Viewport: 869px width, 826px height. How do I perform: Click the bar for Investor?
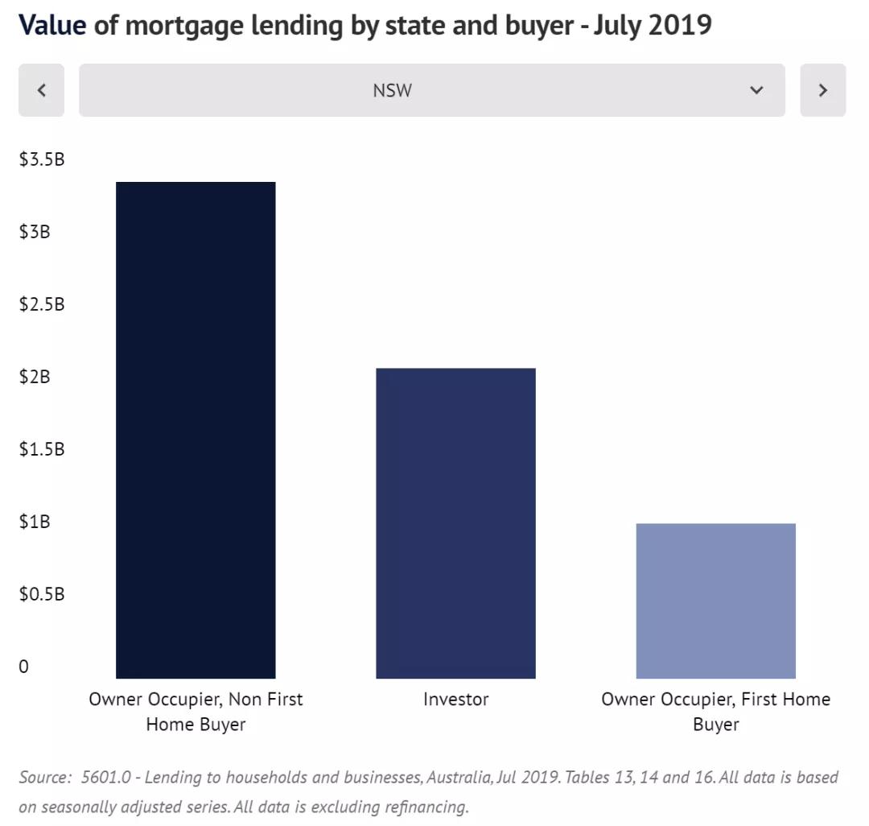[455, 523]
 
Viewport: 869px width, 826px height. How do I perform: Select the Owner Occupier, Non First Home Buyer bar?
[196, 430]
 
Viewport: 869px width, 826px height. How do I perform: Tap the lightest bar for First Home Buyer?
[715, 601]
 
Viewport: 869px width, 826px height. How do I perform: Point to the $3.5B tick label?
[42, 159]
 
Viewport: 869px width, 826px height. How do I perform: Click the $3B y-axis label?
[35, 232]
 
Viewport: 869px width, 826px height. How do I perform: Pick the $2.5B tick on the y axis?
[42, 304]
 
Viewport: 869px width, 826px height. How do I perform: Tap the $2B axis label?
[35, 377]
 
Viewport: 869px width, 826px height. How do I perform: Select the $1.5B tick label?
[42, 449]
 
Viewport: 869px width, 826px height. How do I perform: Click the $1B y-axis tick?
[35, 522]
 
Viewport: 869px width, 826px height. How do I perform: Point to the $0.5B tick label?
[42, 594]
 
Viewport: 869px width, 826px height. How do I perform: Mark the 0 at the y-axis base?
[23, 667]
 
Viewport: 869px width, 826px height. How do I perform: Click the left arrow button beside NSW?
[41, 90]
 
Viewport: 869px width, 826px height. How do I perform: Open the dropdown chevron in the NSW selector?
[756, 90]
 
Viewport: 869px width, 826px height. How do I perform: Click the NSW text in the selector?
[392, 90]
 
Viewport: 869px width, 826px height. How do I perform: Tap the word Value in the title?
[52, 25]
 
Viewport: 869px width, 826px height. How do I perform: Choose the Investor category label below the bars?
[455, 700]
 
